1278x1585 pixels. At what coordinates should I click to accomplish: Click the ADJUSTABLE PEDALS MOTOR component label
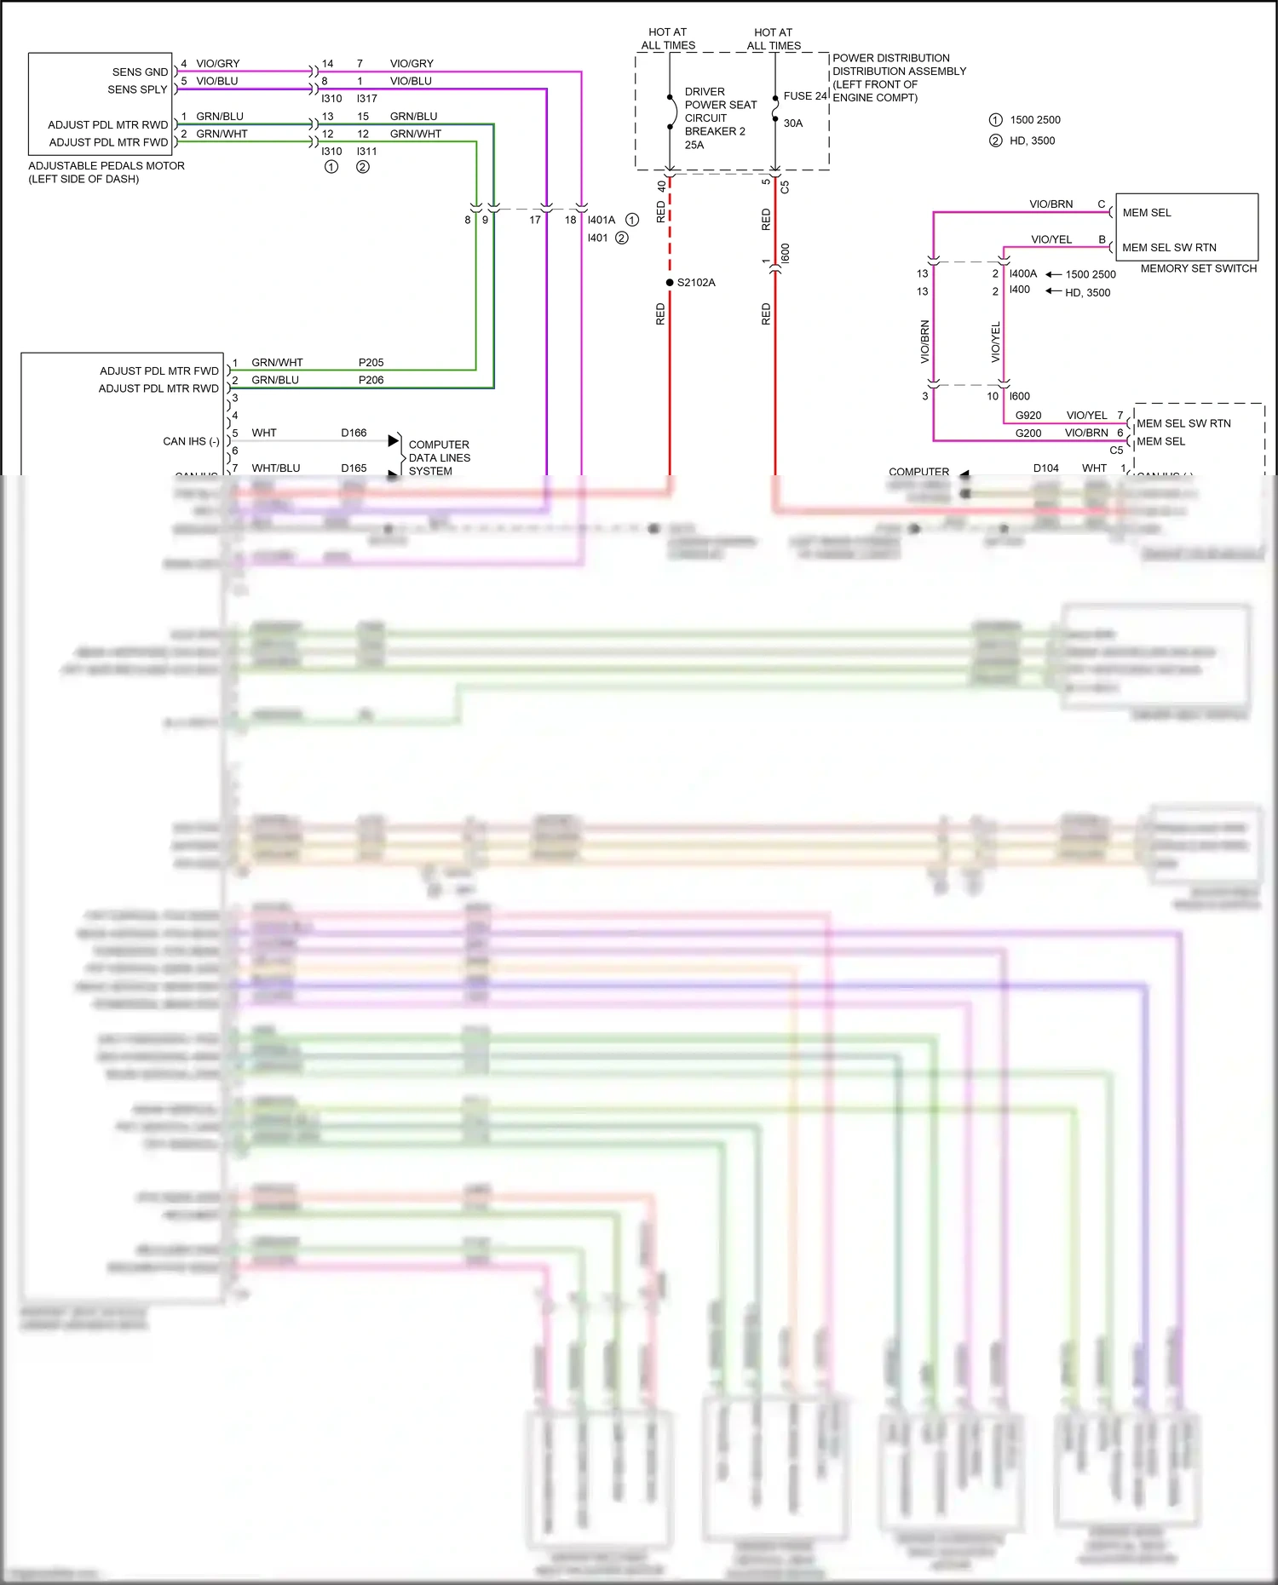[106, 166]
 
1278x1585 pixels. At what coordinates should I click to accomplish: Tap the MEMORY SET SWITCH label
[1198, 268]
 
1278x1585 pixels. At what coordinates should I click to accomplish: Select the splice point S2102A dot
[670, 283]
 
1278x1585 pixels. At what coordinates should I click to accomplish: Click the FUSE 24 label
[805, 96]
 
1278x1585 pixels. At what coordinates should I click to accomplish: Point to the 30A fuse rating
[793, 123]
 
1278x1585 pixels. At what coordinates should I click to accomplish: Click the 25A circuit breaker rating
[694, 145]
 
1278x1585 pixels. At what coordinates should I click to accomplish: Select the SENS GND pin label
[140, 72]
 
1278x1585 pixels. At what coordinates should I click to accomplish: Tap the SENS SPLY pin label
[137, 89]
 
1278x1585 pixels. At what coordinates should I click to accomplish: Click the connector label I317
[366, 99]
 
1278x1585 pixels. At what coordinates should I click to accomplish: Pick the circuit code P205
[371, 363]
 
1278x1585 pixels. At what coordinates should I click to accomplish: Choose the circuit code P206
[371, 380]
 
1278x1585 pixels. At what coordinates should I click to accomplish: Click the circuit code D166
[354, 434]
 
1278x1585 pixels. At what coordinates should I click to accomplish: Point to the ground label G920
[1028, 416]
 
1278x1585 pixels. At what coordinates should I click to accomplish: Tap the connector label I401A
[601, 220]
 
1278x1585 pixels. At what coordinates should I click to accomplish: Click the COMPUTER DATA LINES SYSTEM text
[439, 457]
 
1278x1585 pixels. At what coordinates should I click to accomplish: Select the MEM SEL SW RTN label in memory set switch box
[1169, 248]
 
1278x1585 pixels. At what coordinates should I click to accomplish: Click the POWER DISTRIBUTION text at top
[890, 59]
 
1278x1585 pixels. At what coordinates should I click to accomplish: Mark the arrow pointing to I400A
[1053, 274]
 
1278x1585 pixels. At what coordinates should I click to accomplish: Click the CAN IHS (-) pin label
[191, 441]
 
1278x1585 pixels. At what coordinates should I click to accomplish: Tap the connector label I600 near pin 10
[1019, 396]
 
